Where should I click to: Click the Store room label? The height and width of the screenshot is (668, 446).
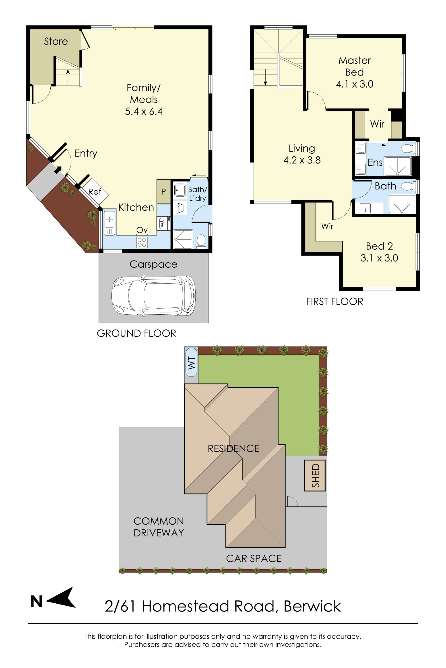[x=56, y=41]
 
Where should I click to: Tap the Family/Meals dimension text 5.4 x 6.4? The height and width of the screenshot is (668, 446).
[x=144, y=111]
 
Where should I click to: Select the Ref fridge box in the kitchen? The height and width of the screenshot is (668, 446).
[x=94, y=192]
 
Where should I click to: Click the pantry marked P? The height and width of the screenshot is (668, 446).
[x=163, y=191]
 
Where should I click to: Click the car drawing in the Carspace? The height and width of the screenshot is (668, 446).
[x=154, y=295]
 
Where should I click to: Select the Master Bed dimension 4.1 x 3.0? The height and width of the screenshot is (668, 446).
[x=354, y=84]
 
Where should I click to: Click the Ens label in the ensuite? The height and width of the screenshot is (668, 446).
[x=375, y=163]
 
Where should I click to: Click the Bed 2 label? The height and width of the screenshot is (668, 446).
[x=379, y=246]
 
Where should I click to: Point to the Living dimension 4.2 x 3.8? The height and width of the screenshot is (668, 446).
[x=302, y=160]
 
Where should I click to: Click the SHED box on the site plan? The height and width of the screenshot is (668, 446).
[x=315, y=475]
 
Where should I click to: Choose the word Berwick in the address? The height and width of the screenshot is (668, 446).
[x=312, y=606]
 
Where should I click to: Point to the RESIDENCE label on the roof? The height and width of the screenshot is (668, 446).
[x=233, y=448]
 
